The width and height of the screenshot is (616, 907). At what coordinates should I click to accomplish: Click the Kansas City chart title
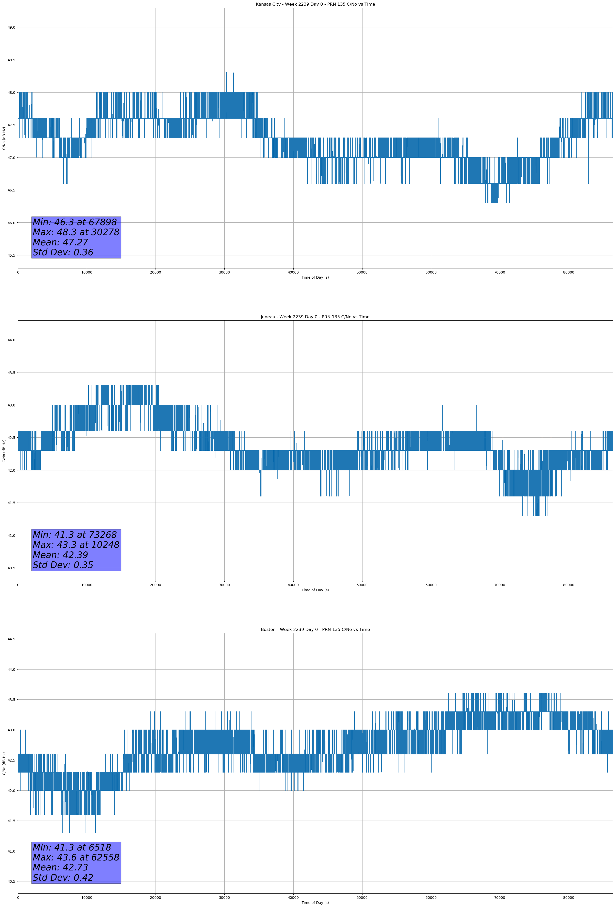click(315, 4)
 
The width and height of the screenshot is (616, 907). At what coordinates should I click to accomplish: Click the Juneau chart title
click(315, 317)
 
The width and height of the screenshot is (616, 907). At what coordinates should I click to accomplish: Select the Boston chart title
click(315, 630)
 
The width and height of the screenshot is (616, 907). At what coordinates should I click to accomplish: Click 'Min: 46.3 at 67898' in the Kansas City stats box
click(75, 222)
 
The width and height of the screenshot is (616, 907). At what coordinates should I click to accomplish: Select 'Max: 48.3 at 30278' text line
click(76, 232)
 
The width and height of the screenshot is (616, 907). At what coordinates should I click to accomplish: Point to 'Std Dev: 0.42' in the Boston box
click(63, 878)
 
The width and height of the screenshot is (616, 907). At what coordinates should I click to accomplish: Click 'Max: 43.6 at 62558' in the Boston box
click(76, 857)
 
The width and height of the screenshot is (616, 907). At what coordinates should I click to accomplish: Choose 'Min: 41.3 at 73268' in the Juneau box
click(75, 535)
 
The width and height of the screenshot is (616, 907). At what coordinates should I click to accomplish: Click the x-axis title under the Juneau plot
click(315, 590)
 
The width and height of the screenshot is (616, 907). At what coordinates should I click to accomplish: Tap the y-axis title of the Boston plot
click(4, 763)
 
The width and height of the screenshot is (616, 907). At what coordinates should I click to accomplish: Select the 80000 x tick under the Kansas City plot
click(568, 273)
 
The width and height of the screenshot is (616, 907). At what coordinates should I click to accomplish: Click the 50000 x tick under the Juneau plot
click(362, 585)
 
